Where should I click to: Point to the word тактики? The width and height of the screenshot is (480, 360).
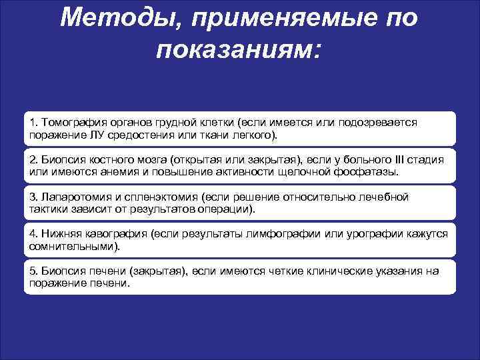50,209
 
